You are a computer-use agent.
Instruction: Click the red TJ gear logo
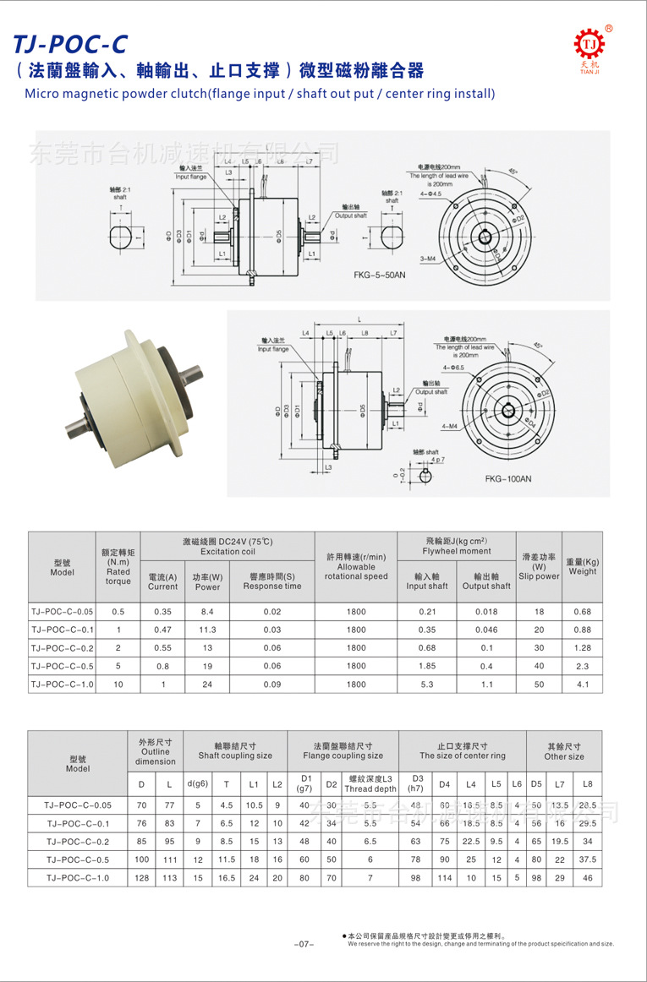click(x=589, y=44)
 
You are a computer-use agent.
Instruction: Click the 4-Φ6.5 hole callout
click(x=453, y=368)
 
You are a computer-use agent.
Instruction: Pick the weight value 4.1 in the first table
click(x=582, y=685)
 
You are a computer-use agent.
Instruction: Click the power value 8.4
click(x=207, y=611)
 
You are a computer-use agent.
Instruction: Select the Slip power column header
click(x=539, y=567)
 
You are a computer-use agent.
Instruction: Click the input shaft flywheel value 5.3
click(x=426, y=685)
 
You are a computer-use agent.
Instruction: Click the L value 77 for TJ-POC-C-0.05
click(x=169, y=805)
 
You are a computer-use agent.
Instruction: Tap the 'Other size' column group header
click(x=564, y=751)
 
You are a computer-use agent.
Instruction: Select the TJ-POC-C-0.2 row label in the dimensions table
click(x=78, y=842)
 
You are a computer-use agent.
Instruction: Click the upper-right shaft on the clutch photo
click(x=192, y=373)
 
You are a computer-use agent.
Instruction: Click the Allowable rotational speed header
click(x=355, y=567)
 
